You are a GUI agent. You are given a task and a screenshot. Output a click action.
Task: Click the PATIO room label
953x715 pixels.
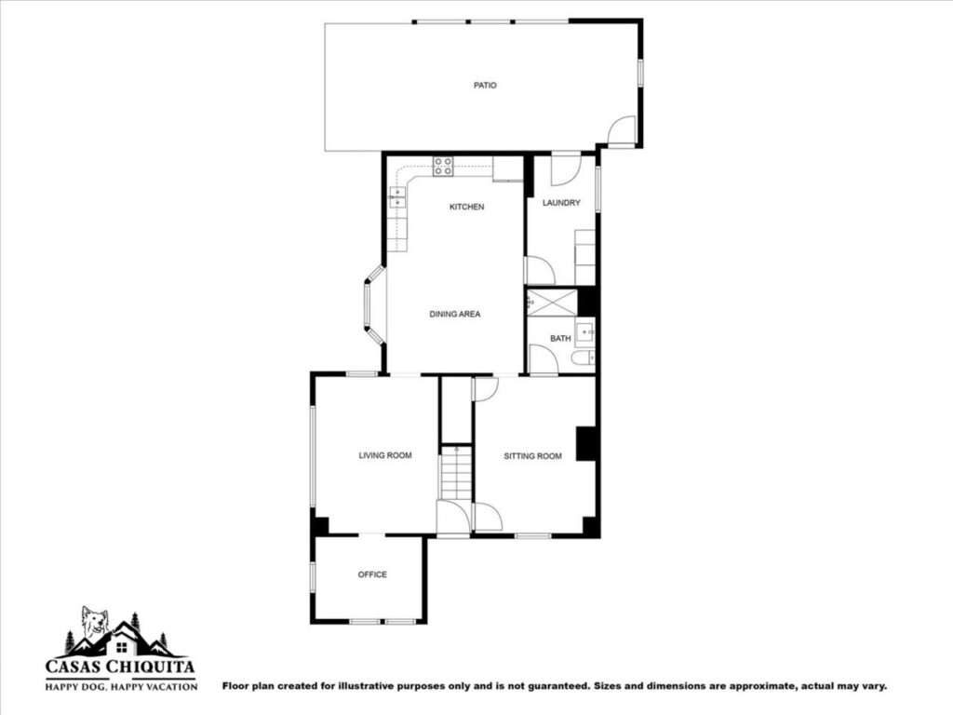pyautogui.click(x=485, y=85)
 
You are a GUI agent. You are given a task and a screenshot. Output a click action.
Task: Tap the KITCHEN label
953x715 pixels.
pyautogui.click(x=467, y=207)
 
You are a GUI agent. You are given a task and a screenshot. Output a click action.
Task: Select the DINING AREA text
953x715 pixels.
pyautogui.click(x=454, y=315)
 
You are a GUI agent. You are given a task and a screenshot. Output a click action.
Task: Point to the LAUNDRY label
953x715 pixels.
pyautogui.click(x=561, y=202)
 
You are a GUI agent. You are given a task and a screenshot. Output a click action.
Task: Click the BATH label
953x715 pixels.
pyautogui.click(x=560, y=339)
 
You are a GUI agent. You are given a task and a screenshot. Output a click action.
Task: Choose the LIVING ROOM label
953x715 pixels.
pyautogui.click(x=385, y=455)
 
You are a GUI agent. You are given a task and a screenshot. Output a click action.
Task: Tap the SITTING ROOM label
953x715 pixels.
pyautogui.click(x=533, y=456)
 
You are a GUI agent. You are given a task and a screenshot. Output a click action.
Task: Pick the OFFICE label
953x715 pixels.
pyautogui.click(x=372, y=574)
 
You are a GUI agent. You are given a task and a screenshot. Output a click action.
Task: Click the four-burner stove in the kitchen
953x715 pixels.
pyautogui.click(x=442, y=167)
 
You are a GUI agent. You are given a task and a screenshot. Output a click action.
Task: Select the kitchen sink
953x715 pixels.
pyautogui.click(x=396, y=197)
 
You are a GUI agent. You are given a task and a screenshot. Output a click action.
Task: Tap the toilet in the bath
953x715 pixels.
pyautogui.click(x=583, y=358)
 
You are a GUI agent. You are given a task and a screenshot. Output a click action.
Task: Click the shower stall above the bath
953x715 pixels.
pyautogui.click(x=552, y=303)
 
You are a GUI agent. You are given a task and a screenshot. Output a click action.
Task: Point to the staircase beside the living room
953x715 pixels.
pyautogui.click(x=456, y=473)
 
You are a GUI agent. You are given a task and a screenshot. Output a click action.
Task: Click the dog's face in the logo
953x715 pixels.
pyautogui.click(x=96, y=623)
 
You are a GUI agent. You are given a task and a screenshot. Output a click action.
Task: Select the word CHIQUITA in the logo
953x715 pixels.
pyautogui.click(x=152, y=667)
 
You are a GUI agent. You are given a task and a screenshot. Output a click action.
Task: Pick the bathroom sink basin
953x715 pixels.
pyautogui.click(x=585, y=332)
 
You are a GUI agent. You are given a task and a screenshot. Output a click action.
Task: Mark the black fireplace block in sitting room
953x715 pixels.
pyautogui.click(x=586, y=444)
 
